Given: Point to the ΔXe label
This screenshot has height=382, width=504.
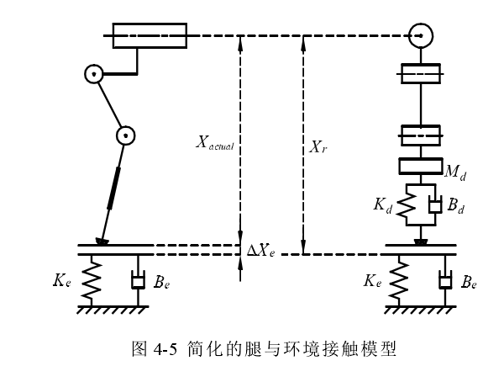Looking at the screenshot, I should coord(260,250).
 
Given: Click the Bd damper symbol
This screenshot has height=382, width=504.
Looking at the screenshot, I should coord(434,204).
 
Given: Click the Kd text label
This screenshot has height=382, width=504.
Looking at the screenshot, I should coord(382,204).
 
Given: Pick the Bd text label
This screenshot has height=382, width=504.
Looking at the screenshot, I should coord(457,204).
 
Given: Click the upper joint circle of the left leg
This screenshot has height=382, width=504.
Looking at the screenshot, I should coord(94,75).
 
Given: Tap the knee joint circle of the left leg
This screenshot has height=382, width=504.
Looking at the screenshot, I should coord(126,135).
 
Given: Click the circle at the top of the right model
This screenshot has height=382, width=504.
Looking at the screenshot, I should coord(421,36).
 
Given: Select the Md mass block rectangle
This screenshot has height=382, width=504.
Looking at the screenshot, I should coord(421,167).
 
